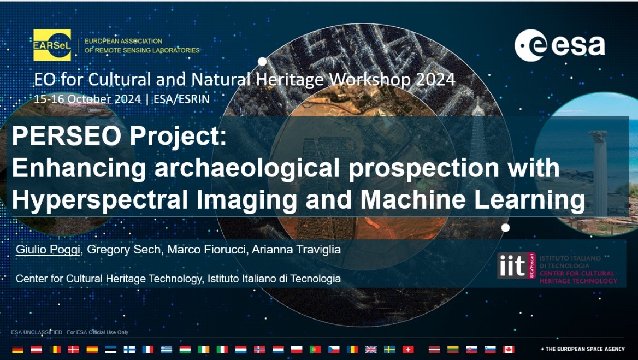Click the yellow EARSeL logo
tap(52, 45)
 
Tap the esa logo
tap(559, 45)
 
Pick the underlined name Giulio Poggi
tap(48, 249)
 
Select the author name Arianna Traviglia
tap(296, 249)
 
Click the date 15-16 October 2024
tap(87, 99)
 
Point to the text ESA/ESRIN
tap(181, 99)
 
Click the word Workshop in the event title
tap(369, 79)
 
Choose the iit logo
tap(516, 265)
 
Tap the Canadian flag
tap(509, 350)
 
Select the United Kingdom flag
tap(371, 350)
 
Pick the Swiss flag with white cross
tap(408, 350)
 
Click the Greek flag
tap(167, 350)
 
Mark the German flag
tap(18, 350)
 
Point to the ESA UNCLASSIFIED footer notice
tap(69, 332)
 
